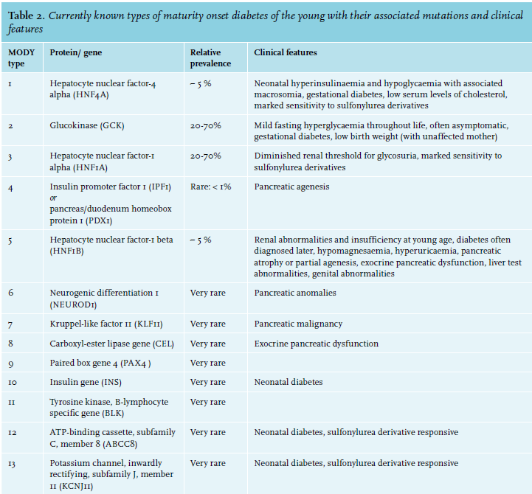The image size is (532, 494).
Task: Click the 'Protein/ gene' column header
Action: [x=76, y=52]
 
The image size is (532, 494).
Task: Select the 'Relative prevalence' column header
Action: [x=210, y=58]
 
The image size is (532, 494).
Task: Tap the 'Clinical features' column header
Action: [x=286, y=52]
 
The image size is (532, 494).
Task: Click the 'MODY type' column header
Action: [x=21, y=58]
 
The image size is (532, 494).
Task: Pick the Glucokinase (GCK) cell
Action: [x=87, y=125]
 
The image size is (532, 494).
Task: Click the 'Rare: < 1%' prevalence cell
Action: [x=210, y=187]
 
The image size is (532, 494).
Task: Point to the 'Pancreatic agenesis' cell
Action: [x=291, y=187]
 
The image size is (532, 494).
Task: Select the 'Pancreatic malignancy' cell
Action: [x=298, y=324]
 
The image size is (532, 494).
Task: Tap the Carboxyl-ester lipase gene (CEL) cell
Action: [x=111, y=344]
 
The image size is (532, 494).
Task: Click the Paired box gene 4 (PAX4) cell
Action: [x=100, y=363]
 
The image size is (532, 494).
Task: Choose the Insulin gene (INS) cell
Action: [x=86, y=382]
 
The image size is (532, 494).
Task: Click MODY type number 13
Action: [x=12, y=464]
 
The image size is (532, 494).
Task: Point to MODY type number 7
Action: [x=10, y=325]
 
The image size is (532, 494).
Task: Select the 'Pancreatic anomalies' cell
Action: [x=295, y=293]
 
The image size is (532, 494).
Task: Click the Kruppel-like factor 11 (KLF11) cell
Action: [x=106, y=324]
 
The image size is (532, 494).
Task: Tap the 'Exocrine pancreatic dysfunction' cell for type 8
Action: [x=317, y=344]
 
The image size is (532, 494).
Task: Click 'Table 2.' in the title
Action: [x=26, y=15]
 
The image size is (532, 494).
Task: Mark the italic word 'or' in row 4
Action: [x=53, y=198]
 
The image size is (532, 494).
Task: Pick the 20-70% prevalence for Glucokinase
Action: [x=205, y=126]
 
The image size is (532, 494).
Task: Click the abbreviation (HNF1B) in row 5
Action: [x=66, y=251]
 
